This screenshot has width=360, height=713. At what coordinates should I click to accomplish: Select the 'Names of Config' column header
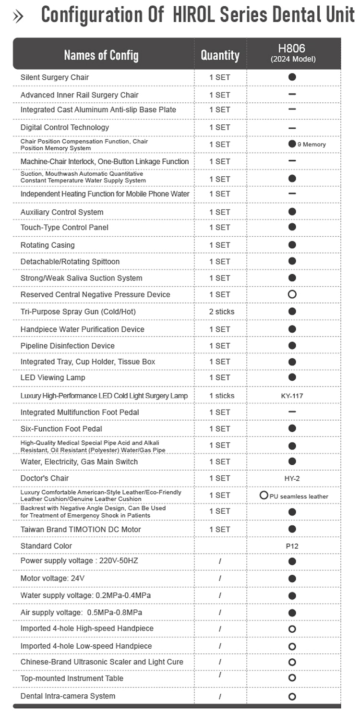coord(101,55)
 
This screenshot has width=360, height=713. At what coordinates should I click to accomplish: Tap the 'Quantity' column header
coord(220,55)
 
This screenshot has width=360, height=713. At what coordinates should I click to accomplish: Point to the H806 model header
coord(292,52)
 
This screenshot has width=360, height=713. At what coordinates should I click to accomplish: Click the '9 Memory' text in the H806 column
coord(312,144)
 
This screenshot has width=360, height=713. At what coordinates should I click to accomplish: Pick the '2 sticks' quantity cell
coord(222,312)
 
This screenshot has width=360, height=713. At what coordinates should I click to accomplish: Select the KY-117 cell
coord(292,396)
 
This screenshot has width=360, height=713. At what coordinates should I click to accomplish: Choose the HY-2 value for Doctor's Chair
coord(292,479)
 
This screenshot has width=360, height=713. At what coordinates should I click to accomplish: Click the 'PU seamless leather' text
coord(299,496)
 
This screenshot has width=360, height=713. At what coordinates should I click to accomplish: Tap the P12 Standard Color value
coord(292,546)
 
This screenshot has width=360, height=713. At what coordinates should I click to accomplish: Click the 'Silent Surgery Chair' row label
coord(55,77)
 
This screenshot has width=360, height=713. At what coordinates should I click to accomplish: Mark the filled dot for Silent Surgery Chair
coord(292,77)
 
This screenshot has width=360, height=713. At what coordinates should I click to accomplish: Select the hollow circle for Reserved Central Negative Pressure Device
coord(292,294)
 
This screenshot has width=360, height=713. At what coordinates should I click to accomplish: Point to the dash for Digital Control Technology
coord(292,128)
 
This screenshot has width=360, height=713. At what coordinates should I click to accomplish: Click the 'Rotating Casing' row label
coord(48,245)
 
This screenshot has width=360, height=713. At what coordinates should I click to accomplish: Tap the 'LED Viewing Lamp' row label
coord(53,377)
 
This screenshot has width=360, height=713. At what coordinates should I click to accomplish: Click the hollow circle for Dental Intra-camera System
coord(292,696)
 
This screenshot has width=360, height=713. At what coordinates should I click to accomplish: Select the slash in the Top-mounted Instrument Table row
coord(220,675)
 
